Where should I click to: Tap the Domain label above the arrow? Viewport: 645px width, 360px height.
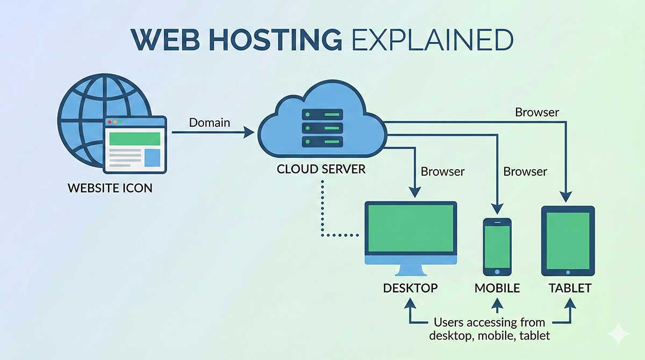[x=209, y=123]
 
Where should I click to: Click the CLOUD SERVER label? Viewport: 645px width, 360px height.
[x=321, y=169]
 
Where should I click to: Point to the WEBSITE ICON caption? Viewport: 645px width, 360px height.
[x=110, y=189]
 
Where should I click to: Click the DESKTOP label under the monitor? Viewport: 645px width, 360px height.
[x=410, y=288]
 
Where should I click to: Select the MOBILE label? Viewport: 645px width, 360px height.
[x=497, y=288]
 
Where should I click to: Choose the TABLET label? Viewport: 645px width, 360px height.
[x=570, y=288]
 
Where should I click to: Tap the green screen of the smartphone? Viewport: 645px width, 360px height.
[x=497, y=246]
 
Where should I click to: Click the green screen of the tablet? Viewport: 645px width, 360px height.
[x=568, y=240]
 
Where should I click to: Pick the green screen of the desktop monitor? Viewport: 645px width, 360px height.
[x=411, y=228]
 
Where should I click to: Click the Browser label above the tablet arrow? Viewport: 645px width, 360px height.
[x=536, y=112]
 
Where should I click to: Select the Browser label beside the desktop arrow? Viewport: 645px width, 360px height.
[x=442, y=172]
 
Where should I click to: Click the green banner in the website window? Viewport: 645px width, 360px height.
[x=134, y=139]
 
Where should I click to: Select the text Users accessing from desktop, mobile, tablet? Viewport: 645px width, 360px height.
[x=489, y=329]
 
